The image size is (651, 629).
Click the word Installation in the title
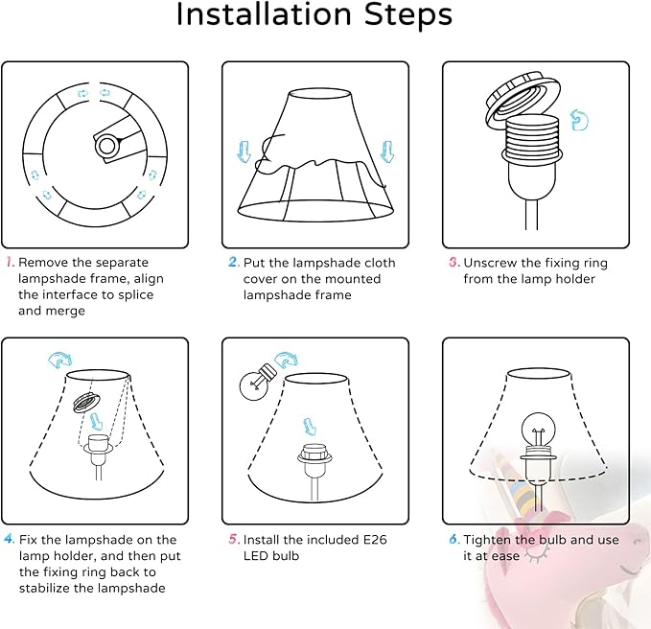(x=264, y=15)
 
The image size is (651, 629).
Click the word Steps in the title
(x=408, y=15)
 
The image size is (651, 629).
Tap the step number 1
(x=10, y=262)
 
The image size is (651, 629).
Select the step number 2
(x=234, y=262)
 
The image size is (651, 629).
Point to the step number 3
(x=454, y=263)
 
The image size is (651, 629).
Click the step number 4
(x=10, y=539)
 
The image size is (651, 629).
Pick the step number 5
(x=234, y=539)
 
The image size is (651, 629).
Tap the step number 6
(x=454, y=539)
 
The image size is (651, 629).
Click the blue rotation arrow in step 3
(x=579, y=120)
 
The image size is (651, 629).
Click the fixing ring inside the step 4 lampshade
(x=86, y=402)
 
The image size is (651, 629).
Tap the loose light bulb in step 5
(x=257, y=382)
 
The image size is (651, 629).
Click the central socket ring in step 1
(x=107, y=146)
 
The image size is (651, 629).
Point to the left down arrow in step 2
(x=244, y=151)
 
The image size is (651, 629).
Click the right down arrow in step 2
(x=387, y=151)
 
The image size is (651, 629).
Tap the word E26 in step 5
(x=375, y=539)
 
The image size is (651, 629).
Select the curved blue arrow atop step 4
(x=60, y=360)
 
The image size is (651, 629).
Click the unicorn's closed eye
(x=537, y=553)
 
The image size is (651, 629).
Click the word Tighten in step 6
(x=487, y=540)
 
